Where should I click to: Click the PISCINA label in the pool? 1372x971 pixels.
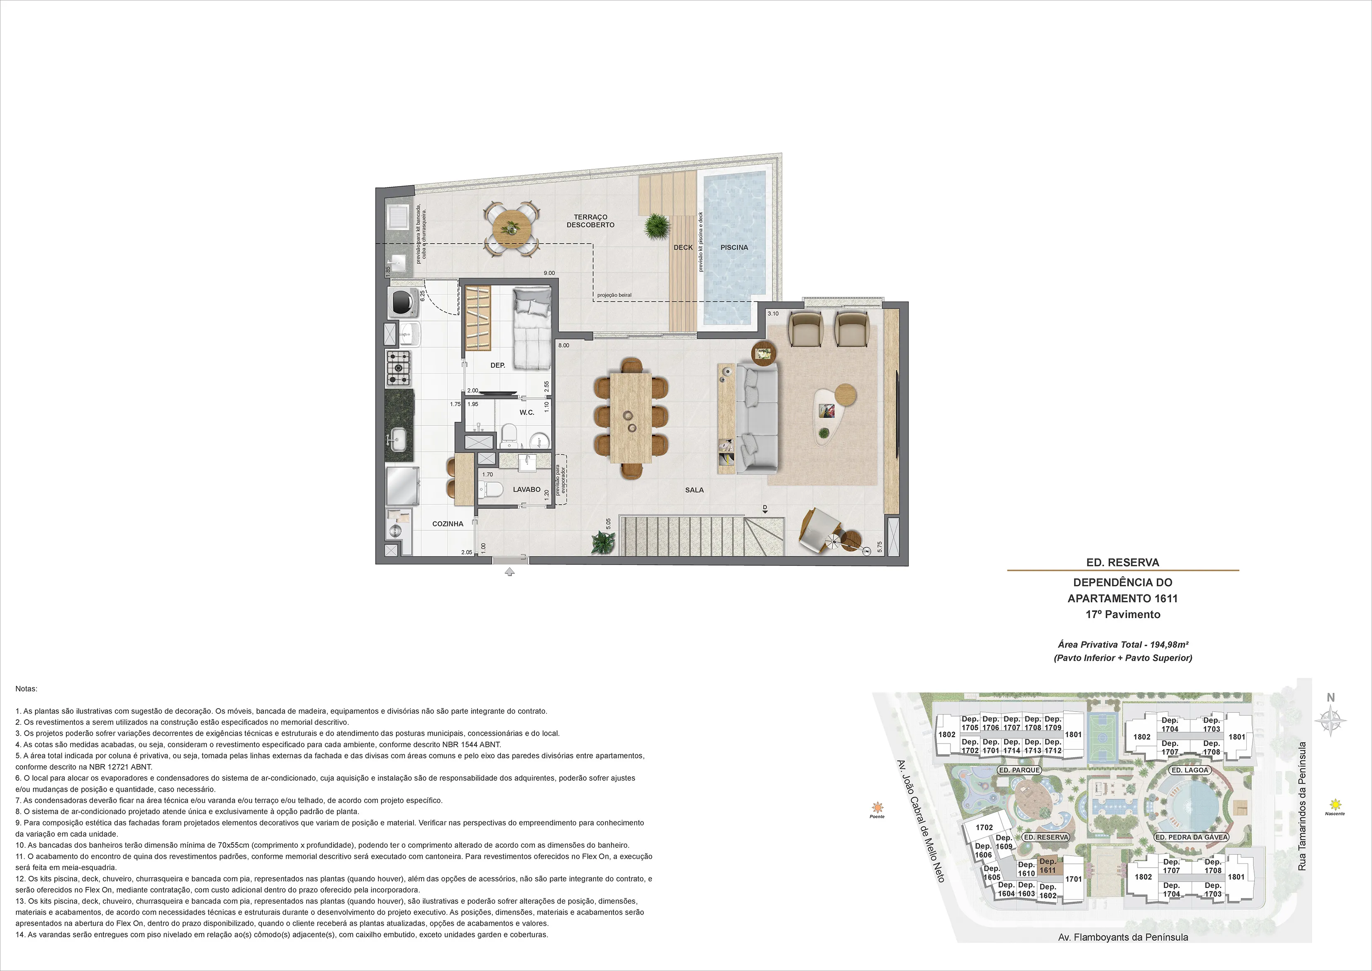(734, 247)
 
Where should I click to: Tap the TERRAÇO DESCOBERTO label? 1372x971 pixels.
(590, 221)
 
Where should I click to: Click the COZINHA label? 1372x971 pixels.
(448, 524)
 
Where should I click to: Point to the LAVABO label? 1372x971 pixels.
(526, 489)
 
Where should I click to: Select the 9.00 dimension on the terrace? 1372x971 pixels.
(548, 273)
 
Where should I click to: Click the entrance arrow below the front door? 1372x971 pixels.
(509, 572)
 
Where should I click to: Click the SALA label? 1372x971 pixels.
(694, 490)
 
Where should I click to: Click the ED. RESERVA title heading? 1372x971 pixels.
(1123, 563)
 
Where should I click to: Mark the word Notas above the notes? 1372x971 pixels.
(26, 689)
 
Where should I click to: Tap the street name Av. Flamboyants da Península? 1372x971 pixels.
(1123, 937)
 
